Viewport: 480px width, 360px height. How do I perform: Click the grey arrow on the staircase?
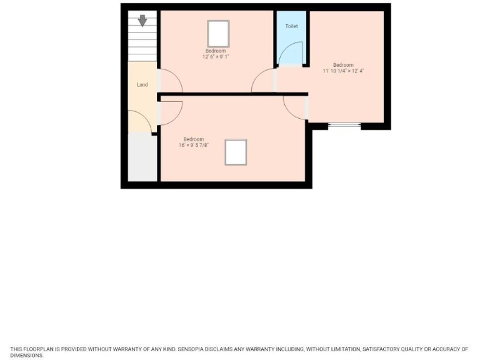click(142, 21)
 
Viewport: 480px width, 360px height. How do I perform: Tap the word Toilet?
click(291, 26)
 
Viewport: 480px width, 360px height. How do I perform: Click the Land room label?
click(142, 84)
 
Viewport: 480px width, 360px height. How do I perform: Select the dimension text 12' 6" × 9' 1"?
click(216, 57)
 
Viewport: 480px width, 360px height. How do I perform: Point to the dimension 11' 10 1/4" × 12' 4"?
click(343, 71)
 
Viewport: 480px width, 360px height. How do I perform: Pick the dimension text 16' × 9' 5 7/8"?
click(193, 145)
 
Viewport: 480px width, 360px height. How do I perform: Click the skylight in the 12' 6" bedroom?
click(218, 32)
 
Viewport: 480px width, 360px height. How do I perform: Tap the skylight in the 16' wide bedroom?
click(236, 152)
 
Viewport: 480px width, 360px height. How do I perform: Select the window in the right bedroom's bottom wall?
click(344, 126)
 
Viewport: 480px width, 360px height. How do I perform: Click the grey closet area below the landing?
click(142, 157)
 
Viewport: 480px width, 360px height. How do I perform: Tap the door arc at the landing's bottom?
click(141, 121)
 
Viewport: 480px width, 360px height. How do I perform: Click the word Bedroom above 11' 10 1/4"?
click(343, 65)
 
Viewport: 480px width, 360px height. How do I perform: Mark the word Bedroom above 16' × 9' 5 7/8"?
click(193, 139)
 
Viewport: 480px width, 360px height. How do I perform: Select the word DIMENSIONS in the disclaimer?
click(26, 355)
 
